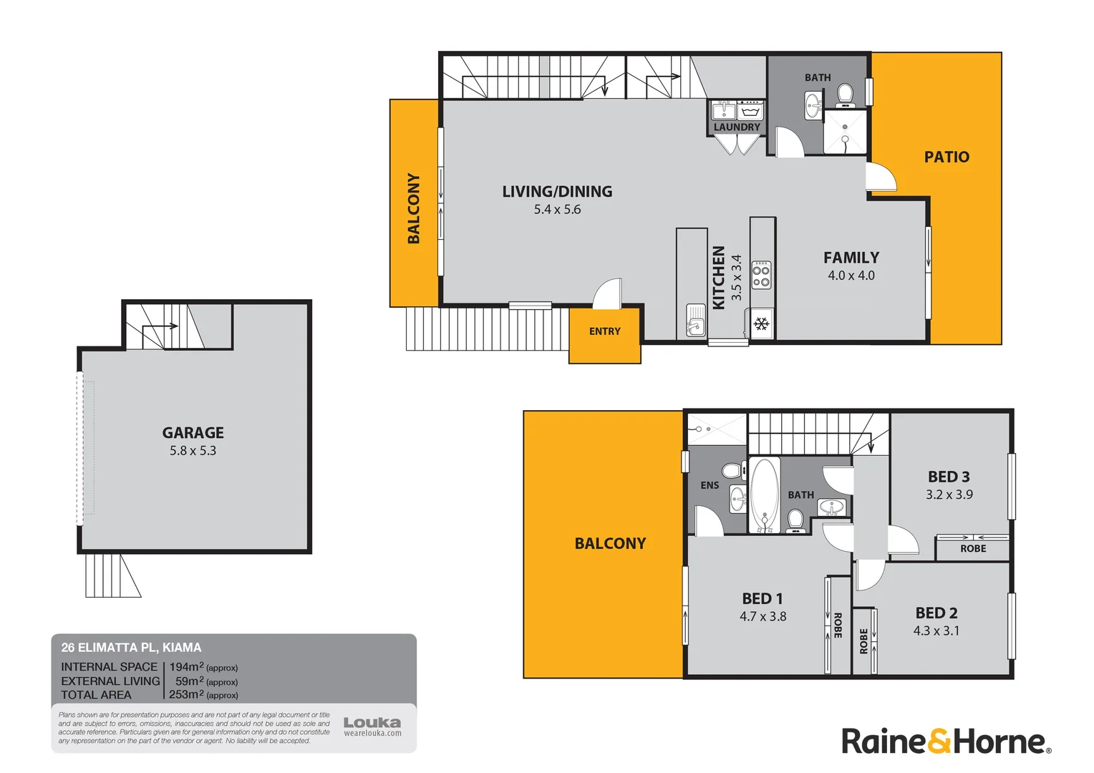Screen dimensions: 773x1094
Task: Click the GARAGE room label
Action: [x=193, y=432]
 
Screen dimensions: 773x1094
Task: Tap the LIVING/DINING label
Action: [x=557, y=191]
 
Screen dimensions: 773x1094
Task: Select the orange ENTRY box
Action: [x=604, y=334]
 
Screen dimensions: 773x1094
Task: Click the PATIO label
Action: [x=947, y=157]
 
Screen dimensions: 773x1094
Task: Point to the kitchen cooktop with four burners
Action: [x=761, y=276]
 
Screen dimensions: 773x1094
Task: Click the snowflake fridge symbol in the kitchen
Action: [x=761, y=324]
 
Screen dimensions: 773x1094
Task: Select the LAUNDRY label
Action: [x=737, y=127]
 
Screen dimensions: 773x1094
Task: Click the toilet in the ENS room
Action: [x=731, y=470]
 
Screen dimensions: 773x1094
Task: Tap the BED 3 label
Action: [x=949, y=477]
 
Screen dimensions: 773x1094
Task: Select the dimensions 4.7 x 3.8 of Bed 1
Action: [x=763, y=616]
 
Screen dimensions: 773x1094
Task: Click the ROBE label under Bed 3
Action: [x=973, y=548]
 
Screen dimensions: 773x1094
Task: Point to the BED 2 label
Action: [x=936, y=613]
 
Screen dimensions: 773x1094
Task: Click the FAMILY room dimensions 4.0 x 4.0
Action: [x=851, y=276]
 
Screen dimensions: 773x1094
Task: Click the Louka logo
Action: [x=372, y=723]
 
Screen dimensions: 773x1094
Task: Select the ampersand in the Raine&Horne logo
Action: [x=941, y=742]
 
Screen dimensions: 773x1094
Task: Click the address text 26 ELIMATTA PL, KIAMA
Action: [x=131, y=648]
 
